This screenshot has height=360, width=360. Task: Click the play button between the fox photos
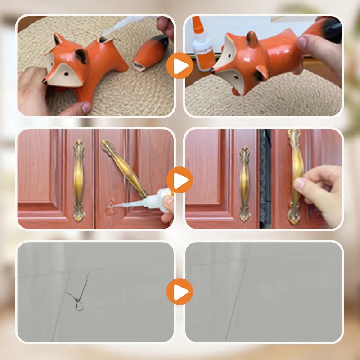180,67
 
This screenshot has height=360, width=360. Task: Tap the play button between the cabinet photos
180,180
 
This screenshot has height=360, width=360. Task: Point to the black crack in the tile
77,295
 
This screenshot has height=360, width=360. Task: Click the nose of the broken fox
45,81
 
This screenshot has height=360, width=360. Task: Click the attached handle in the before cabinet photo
79,180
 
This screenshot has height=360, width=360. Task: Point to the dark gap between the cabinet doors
265,178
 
